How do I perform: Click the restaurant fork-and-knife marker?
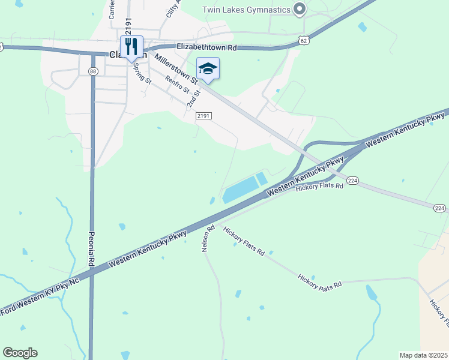coord(131,46)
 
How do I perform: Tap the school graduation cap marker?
coord(208,68)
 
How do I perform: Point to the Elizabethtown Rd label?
coord(207,46)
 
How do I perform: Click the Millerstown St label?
coord(176,68)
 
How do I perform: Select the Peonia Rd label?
coord(92,249)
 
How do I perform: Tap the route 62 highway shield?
coord(304,40)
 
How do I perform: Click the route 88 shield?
coord(92,71)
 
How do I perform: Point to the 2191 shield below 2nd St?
coord(204,116)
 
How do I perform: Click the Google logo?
coord(20,352)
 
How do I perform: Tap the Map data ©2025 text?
coord(423,355)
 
